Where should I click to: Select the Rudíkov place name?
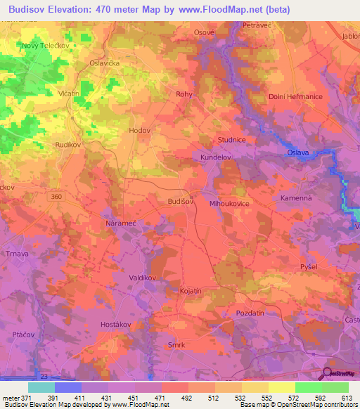tap(69, 145)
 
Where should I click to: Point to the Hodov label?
tap(140, 131)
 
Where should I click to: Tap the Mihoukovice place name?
tap(230, 203)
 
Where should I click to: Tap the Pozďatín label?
tap(251, 312)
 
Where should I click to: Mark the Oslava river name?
tap(297, 152)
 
